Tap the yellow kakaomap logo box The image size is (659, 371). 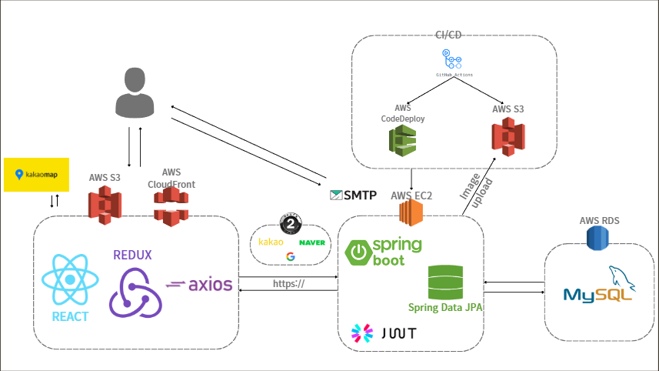(x=36, y=175)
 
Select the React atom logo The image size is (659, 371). (x=70, y=281)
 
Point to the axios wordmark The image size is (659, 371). (x=199, y=284)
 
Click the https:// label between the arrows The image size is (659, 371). (x=289, y=284)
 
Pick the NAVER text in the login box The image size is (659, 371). (x=312, y=242)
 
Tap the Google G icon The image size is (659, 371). (x=290, y=257)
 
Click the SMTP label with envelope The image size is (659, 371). (x=353, y=196)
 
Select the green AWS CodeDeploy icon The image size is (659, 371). (x=402, y=139)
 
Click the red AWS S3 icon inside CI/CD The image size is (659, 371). (x=508, y=136)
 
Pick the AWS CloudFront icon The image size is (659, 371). (x=171, y=206)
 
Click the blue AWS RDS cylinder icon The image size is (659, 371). (x=598, y=238)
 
